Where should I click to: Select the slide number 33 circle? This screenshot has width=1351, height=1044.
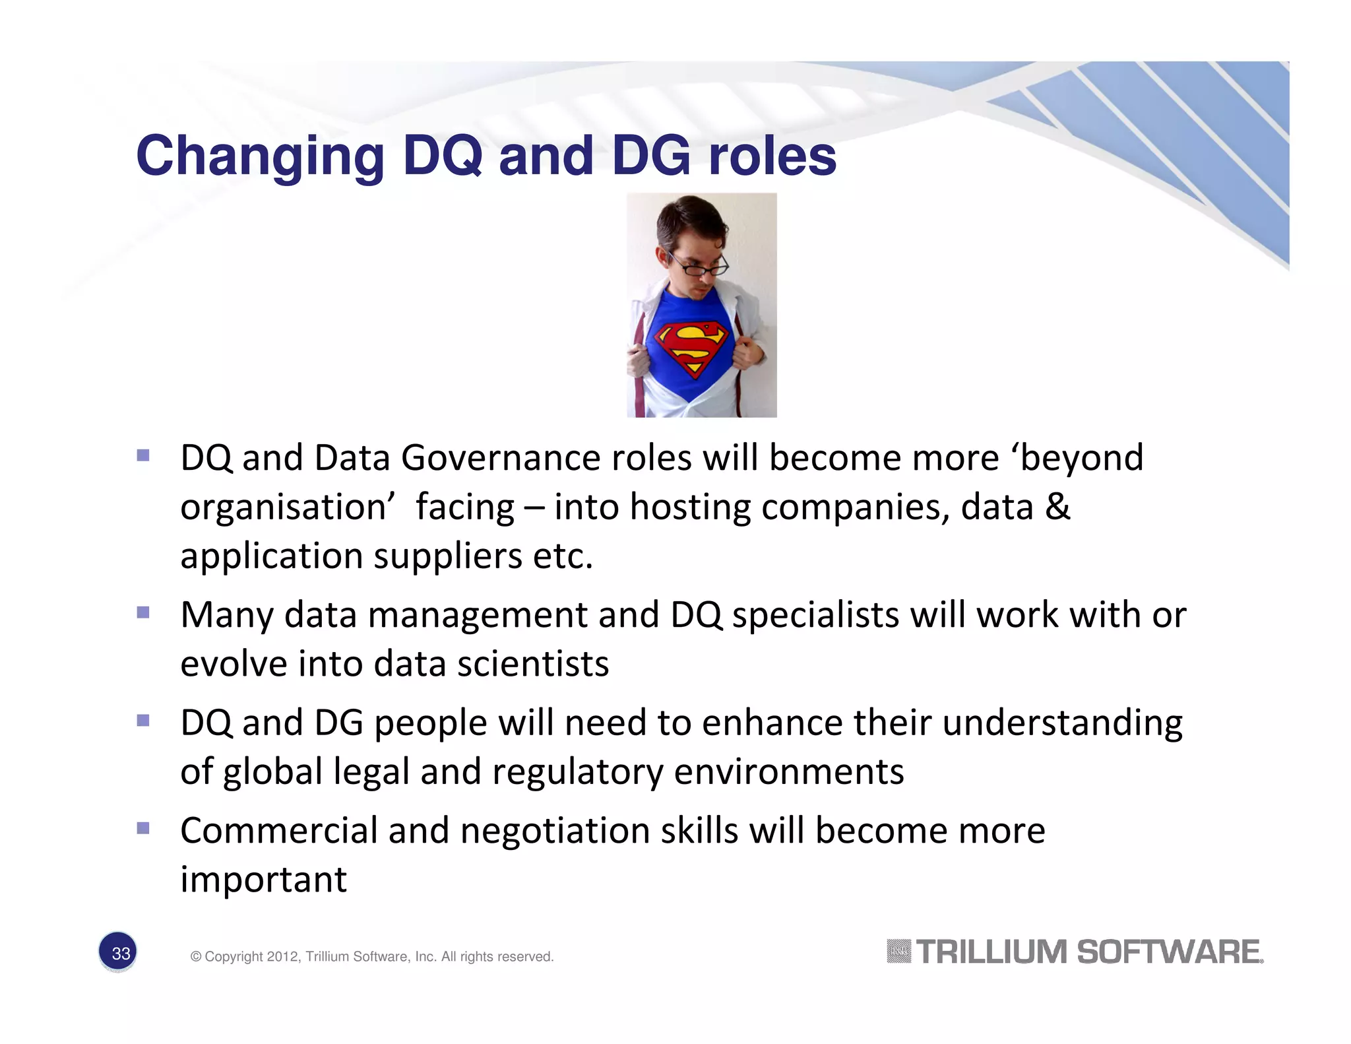(x=118, y=952)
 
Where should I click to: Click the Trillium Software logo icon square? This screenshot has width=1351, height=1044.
(x=898, y=951)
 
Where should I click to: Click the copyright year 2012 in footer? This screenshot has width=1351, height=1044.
(x=283, y=956)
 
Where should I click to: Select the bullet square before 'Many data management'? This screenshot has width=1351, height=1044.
(x=143, y=612)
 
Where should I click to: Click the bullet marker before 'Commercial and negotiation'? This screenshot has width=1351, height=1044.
(x=143, y=828)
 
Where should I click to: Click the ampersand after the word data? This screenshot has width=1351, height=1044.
(x=1057, y=507)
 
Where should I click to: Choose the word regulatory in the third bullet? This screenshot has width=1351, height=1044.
(x=578, y=771)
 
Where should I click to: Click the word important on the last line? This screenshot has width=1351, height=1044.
(x=263, y=879)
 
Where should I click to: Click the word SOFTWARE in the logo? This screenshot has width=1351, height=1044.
(x=1168, y=952)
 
